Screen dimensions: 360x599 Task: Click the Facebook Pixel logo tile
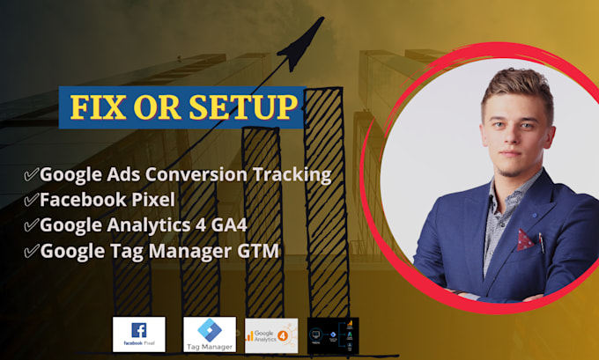click(x=138, y=334)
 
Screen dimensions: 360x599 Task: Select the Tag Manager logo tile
click(x=210, y=334)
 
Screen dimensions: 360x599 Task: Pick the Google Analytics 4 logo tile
click(x=271, y=334)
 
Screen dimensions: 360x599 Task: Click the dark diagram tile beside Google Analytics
click(x=333, y=334)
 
